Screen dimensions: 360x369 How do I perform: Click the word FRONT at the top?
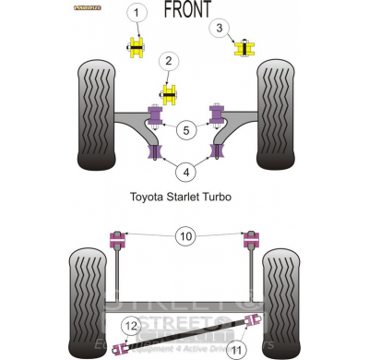point(187,10)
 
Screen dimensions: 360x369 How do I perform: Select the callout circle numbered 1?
point(137,13)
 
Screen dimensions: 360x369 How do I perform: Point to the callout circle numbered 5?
point(186,130)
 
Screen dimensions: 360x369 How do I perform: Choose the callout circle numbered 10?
point(185,237)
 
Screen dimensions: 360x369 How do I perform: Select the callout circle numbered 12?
point(131,325)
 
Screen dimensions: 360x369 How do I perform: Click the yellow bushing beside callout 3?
point(244,47)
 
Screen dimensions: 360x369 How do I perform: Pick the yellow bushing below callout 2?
point(170,93)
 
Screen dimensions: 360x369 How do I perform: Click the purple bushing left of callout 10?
point(118,240)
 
